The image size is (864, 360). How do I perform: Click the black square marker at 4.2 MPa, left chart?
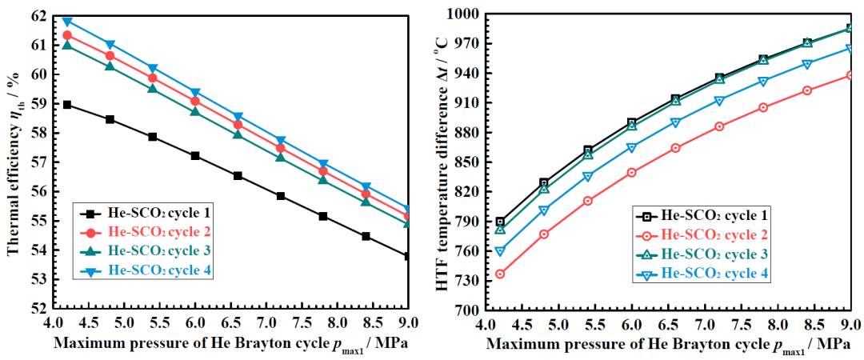(67, 105)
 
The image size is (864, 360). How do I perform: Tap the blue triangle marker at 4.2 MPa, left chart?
(67, 21)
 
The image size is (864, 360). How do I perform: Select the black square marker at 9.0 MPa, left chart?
(407, 256)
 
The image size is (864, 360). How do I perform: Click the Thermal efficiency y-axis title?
(14, 160)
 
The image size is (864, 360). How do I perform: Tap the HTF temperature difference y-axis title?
(442, 160)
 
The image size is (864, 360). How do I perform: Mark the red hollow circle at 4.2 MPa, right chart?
(500, 274)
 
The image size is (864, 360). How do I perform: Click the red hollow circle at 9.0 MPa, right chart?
(850, 75)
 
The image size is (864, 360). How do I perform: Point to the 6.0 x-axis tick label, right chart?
(631, 326)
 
